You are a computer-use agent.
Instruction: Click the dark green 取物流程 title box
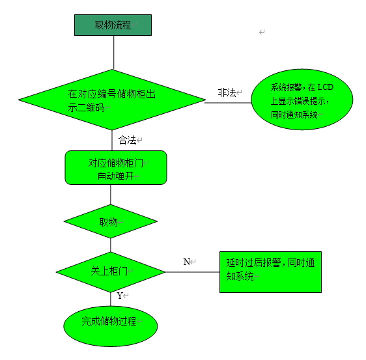(113, 25)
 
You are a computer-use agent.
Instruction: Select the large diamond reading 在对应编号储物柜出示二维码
(112, 100)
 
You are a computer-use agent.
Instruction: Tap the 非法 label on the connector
(227, 92)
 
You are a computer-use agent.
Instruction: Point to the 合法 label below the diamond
(128, 140)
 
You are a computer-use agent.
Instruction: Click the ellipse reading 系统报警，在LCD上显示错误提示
(302, 100)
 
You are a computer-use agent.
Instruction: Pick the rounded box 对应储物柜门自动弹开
(116, 167)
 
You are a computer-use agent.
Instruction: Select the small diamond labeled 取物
(111, 221)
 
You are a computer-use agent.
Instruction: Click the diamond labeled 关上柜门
(111, 272)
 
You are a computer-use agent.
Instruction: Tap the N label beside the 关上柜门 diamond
(186, 262)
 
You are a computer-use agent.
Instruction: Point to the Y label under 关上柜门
(120, 296)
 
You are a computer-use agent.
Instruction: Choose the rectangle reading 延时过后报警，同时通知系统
(270, 272)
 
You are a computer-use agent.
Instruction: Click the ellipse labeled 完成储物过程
(111, 326)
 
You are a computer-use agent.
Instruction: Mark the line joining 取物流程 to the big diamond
(114, 53)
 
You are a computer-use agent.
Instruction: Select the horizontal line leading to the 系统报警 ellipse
(228, 103)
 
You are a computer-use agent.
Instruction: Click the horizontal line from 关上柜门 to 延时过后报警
(192, 272)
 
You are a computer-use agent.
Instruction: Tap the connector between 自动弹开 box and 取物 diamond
(111, 195)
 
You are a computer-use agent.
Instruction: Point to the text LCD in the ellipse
(325, 87)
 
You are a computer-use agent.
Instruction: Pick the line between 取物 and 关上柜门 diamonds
(111, 245)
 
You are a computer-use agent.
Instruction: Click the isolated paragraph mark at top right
(262, 32)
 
